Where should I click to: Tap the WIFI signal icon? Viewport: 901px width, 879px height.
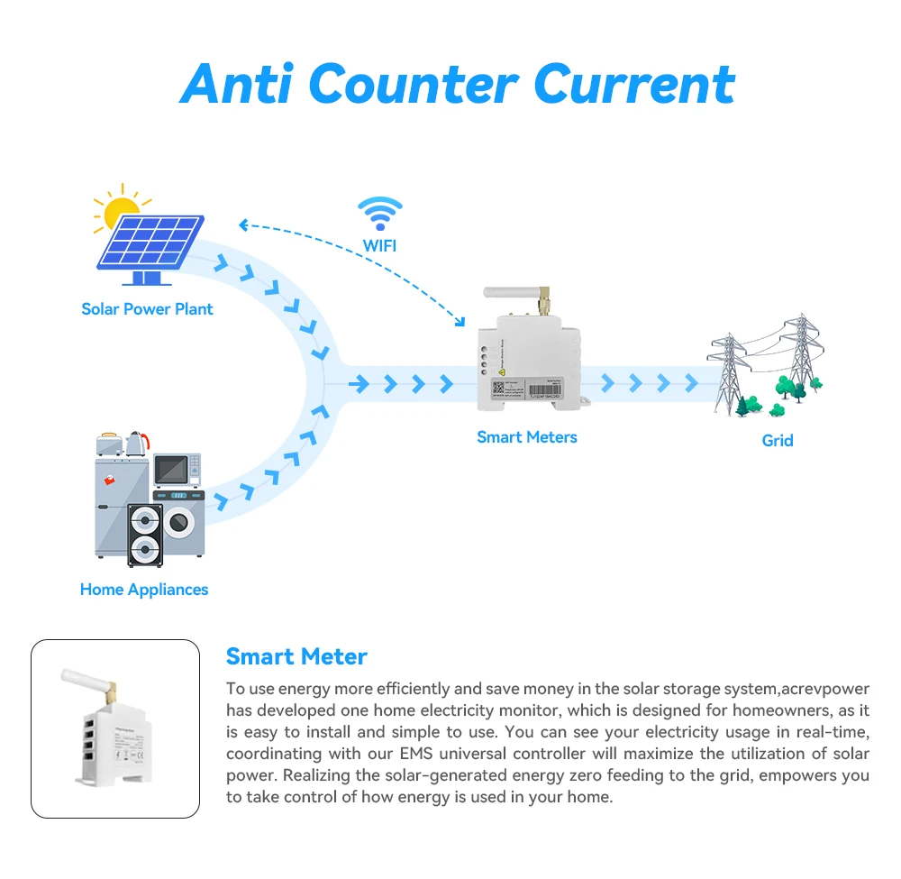pos(379,213)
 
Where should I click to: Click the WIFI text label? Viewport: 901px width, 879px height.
pos(379,245)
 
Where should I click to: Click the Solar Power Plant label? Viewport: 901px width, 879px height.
pos(147,309)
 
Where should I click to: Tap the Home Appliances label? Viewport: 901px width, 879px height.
pos(144,590)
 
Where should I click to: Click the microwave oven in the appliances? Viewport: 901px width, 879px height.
pos(176,470)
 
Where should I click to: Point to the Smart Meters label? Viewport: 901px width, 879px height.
pos(527,437)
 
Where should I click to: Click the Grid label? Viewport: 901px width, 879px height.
pos(778,441)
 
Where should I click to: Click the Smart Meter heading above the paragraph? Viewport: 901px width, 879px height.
pos(296,656)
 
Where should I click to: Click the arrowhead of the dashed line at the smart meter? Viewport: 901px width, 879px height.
pos(461,323)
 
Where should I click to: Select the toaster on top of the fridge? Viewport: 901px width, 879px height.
pos(110,444)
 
